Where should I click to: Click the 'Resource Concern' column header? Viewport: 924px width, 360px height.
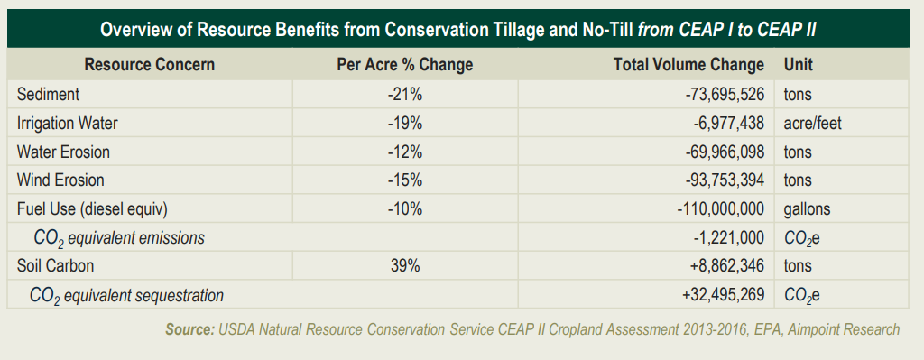coord(149,65)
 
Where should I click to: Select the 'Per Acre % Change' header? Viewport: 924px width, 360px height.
coord(404,65)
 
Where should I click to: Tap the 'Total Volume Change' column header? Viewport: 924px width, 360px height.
coord(688,65)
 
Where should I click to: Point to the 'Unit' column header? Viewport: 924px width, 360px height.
coord(799,65)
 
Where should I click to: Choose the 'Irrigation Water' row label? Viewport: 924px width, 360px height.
coord(67,123)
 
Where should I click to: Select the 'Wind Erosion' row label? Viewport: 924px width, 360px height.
coord(60,180)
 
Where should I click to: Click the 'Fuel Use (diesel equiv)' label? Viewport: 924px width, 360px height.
coord(92,209)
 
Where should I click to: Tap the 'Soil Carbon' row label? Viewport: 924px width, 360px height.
coord(55,266)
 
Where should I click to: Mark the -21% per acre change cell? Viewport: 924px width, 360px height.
coord(404,94)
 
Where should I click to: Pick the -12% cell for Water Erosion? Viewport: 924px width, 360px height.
coord(404,152)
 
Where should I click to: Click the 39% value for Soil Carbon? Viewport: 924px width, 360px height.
coord(404,266)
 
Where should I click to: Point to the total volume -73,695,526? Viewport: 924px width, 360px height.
coord(724,94)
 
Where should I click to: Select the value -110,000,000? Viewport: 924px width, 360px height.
coord(720,209)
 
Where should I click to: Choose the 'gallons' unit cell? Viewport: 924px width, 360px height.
coord(807,209)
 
